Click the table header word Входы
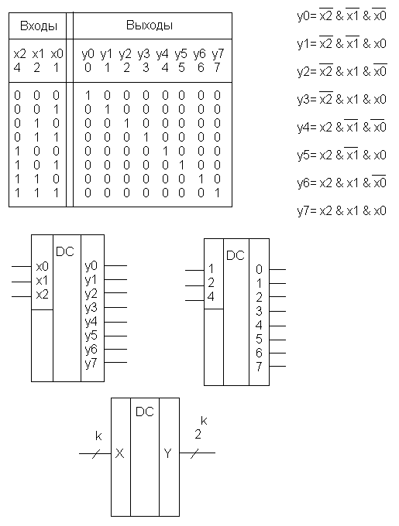[x=39, y=26]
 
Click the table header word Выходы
[x=150, y=26]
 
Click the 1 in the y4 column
[x=165, y=151]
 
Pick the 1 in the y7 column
[x=217, y=193]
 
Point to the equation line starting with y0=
[x=342, y=15]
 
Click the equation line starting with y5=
[x=342, y=155]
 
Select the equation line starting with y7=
[x=342, y=210]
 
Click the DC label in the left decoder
[x=65, y=251]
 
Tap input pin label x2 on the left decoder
[x=43, y=295]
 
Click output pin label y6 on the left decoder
[x=91, y=350]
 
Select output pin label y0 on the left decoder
[x=91, y=266]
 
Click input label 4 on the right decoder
[x=211, y=297]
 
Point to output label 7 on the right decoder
[x=259, y=367]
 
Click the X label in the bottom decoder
[x=119, y=453]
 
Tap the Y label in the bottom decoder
[x=167, y=453]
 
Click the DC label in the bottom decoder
[x=145, y=412]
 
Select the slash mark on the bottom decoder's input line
[x=96, y=453]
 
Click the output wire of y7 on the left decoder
[x=115, y=362]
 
